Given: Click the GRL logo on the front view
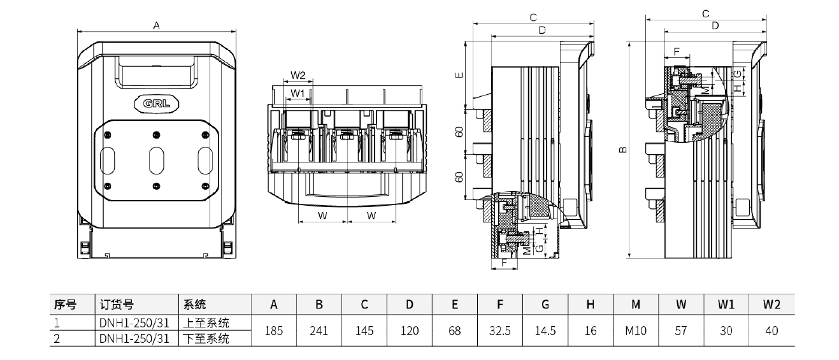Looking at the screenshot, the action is (x=157, y=103).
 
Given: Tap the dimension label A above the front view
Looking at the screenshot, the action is (x=157, y=25).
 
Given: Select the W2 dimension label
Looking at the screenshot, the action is (x=298, y=75).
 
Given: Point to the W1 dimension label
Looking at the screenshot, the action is (x=298, y=93).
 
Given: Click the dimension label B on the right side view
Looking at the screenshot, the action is (x=623, y=150).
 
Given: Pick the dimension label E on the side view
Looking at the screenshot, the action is (x=459, y=75).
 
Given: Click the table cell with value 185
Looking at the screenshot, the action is (x=274, y=331).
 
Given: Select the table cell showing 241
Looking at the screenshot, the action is (x=319, y=331).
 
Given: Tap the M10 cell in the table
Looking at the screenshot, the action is (x=636, y=331).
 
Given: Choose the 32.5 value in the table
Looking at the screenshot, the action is (x=500, y=331).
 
